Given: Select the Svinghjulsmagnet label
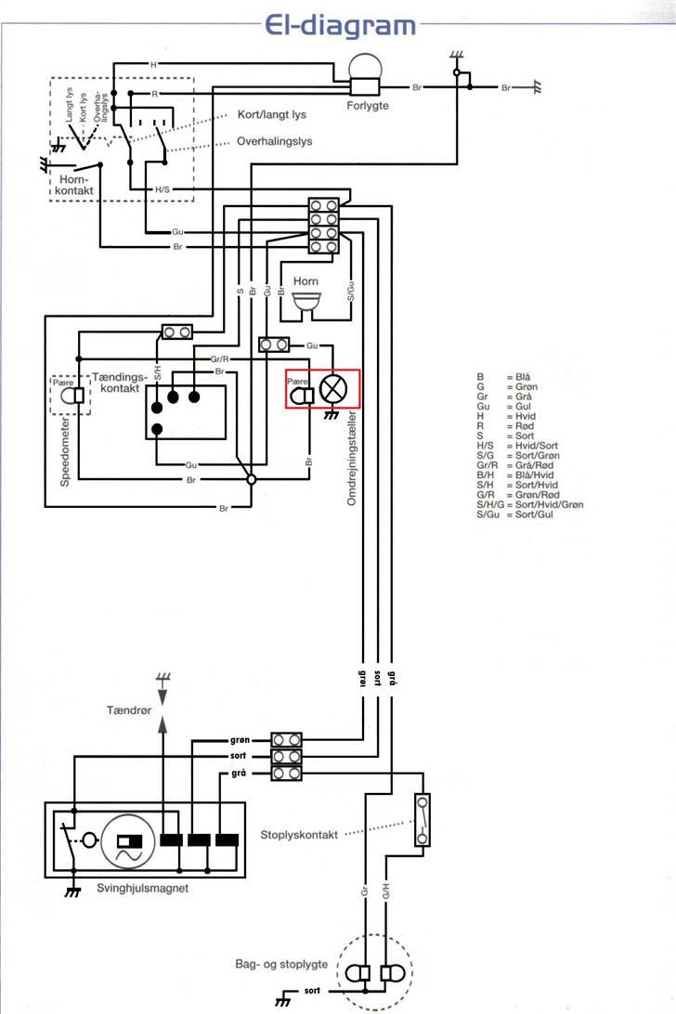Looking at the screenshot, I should click(x=143, y=888).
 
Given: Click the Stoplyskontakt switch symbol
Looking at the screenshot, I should click(x=423, y=820).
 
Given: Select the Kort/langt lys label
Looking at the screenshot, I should click(x=271, y=115).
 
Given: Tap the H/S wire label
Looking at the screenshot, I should click(x=162, y=189).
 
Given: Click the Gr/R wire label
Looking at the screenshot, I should click(x=219, y=357).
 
